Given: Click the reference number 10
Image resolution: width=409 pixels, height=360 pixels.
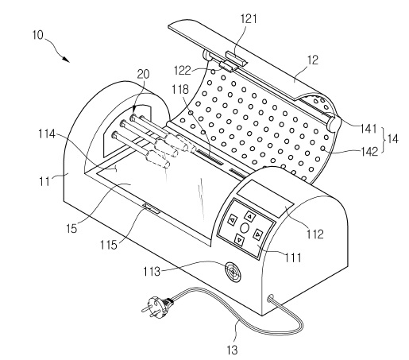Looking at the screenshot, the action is [x=37, y=35].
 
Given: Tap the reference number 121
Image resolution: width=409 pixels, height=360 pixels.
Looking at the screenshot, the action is [x=249, y=19].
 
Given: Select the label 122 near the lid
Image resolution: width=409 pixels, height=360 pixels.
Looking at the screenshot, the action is [x=182, y=71].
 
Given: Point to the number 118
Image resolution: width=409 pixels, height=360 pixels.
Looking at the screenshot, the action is [x=180, y=90].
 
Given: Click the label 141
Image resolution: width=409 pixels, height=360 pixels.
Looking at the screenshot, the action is [x=368, y=129].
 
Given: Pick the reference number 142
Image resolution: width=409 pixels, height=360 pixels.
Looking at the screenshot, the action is [x=370, y=152].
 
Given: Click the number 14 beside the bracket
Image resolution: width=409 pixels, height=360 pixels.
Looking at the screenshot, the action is [x=392, y=138].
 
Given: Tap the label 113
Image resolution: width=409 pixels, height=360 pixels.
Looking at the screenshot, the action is [x=152, y=272].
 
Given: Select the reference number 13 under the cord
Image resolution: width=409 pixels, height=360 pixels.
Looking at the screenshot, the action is [x=232, y=350].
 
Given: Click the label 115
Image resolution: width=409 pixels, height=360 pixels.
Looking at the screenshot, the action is [x=109, y=245].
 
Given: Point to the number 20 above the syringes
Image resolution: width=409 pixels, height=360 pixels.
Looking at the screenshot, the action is [x=143, y=74].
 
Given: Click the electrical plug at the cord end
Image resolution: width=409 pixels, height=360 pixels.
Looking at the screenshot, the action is [x=157, y=306].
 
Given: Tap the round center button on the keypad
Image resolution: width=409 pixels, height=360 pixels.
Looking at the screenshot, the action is [x=245, y=228].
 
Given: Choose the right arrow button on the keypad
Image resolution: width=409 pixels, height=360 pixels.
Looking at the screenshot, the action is [x=258, y=234].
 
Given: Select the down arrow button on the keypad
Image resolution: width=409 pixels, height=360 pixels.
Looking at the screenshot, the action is [x=239, y=240].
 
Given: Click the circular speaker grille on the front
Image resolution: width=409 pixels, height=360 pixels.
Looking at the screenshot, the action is [x=233, y=272].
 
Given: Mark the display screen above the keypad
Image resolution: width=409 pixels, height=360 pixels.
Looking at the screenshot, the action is [x=265, y=195].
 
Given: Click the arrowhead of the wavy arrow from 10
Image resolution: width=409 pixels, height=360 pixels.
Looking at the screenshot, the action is [x=66, y=60].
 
